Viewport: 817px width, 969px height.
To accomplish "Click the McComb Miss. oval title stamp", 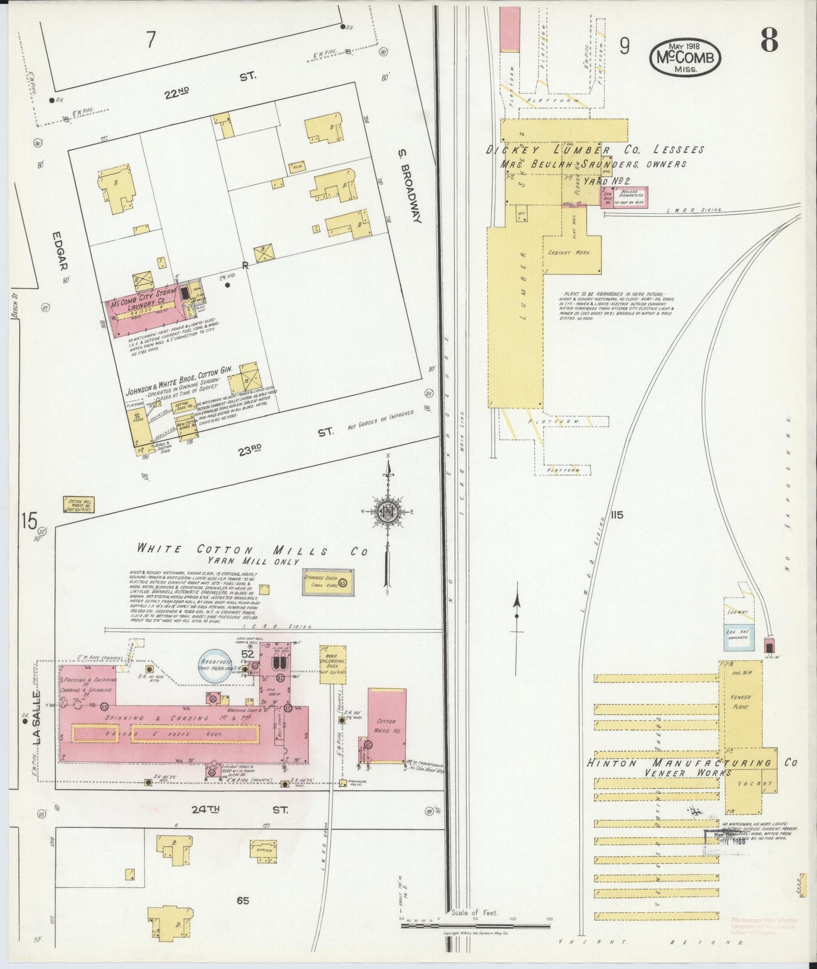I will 685,58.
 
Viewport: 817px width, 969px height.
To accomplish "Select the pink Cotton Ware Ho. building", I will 387,725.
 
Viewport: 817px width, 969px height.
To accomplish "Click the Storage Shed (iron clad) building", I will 328,582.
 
